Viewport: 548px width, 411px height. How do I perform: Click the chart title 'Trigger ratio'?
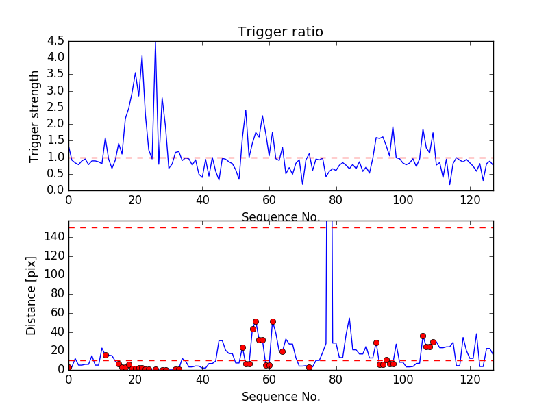280,32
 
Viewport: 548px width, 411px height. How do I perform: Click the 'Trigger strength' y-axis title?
35,116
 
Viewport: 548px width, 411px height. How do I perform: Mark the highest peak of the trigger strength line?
155,42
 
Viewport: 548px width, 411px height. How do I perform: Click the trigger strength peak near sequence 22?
142,55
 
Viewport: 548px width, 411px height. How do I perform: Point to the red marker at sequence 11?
105,355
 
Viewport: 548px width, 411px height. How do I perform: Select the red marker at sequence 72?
309,367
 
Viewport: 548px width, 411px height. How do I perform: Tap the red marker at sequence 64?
282,351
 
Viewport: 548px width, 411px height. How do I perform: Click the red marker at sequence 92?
376,342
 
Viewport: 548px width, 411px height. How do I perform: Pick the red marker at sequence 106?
423,336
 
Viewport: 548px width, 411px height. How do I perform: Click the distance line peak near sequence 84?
349,318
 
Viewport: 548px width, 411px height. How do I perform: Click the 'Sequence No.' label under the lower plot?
280,397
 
